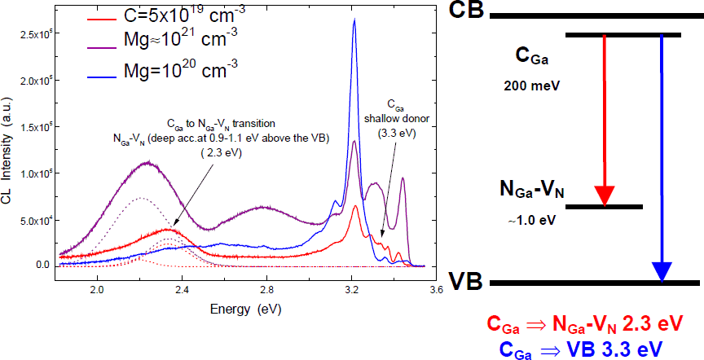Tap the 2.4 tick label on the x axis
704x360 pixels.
[182, 289]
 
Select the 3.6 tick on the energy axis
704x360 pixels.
[436, 289]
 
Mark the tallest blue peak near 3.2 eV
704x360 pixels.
[354, 21]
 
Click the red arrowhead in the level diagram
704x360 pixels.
[604, 195]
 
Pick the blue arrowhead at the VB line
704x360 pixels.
[662, 270]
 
